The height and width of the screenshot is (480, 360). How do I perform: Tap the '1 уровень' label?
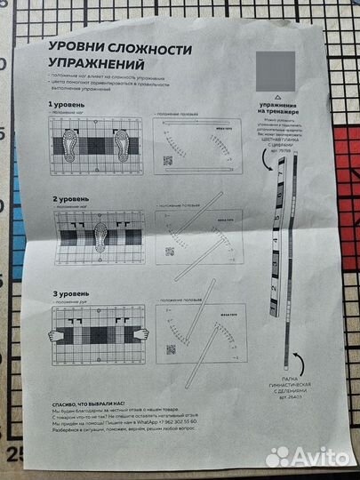(x=67, y=105)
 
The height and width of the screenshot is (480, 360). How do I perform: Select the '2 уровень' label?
(x=68, y=199)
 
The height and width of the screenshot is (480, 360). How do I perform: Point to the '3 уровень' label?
(x=68, y=292)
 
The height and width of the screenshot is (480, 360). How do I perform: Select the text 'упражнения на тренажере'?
(x=281, y=108)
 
